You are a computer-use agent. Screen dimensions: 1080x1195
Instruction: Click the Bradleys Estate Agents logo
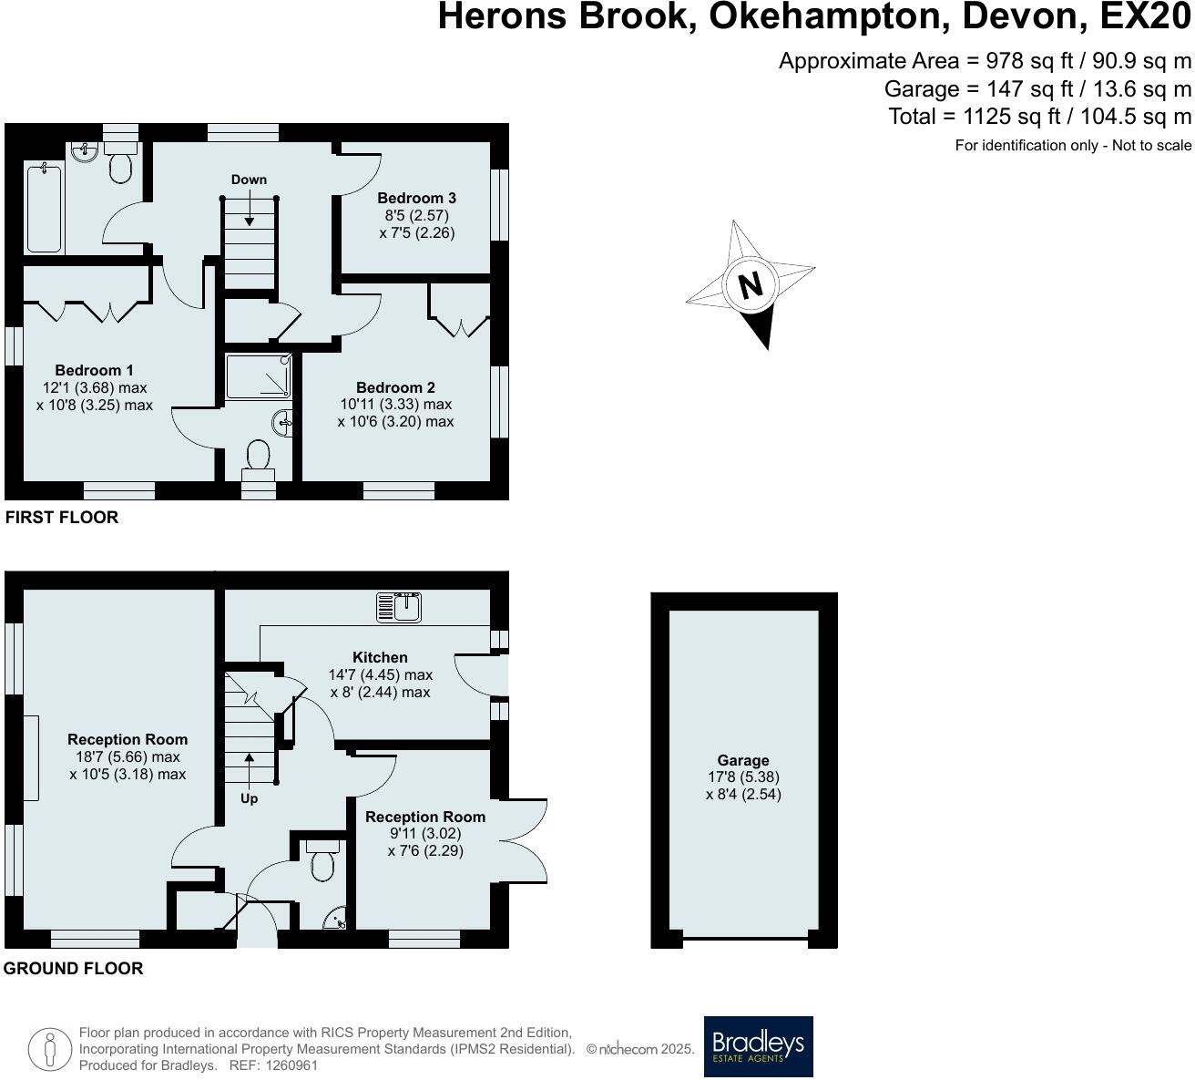click(x=758, y=1046)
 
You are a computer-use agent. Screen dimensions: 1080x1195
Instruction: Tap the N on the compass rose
click(x=750, y=285)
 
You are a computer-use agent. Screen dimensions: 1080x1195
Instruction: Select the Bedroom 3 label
click(x=416, y=198)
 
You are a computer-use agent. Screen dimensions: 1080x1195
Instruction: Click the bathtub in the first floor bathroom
click(x=44, y=208)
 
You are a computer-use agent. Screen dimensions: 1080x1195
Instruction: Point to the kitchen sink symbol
click(x=399, y=607)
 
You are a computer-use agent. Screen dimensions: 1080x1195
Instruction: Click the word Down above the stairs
click(x=249, y=180)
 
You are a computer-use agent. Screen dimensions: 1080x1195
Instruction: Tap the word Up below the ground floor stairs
click(x=249, y=798)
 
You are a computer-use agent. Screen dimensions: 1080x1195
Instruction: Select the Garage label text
click(x=743, y=760)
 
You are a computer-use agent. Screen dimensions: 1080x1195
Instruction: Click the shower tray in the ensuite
click(x=259, y=376)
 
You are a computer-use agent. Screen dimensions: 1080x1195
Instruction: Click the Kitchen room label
click(x=380, y=657)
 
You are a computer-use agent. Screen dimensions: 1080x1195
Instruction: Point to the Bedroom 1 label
click(x=94, y=370)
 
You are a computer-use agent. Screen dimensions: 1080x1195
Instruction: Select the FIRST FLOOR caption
click(x=62, y=517)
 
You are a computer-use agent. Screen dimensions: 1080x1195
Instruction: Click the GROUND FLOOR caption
click(x=73, y=968)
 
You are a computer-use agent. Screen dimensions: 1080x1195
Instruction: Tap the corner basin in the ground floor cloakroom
click(x=336, y=919)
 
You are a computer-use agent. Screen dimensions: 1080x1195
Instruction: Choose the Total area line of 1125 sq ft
click(x=1039, y=117)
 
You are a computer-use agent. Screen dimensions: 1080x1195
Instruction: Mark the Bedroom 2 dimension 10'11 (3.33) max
click(x=395, y=404)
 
